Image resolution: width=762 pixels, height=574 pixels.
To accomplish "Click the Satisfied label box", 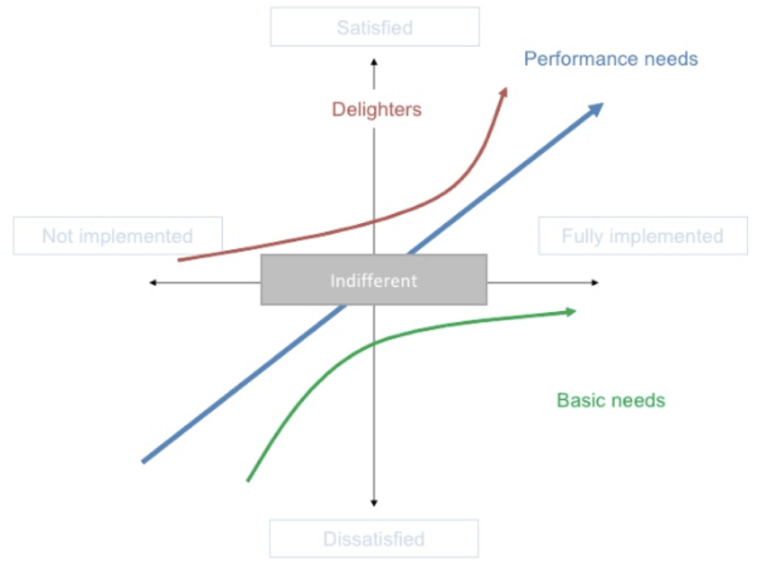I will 375,28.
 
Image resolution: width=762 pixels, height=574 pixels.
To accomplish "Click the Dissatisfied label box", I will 373,539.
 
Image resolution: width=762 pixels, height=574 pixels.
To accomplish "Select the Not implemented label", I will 118,236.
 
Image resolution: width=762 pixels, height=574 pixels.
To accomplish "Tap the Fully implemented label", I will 643,236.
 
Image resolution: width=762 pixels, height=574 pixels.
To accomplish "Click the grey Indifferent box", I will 374,280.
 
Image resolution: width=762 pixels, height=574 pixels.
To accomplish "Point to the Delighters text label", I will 377,109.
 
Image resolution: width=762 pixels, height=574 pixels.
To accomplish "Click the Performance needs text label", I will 610,59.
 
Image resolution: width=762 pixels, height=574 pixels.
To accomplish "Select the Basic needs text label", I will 611,400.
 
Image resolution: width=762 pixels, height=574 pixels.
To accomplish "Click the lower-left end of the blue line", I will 143,460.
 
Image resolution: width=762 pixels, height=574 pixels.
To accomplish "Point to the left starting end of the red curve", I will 179,260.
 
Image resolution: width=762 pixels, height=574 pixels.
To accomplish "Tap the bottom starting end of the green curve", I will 248,480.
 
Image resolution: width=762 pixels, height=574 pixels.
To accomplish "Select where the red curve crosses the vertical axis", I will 374,221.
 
